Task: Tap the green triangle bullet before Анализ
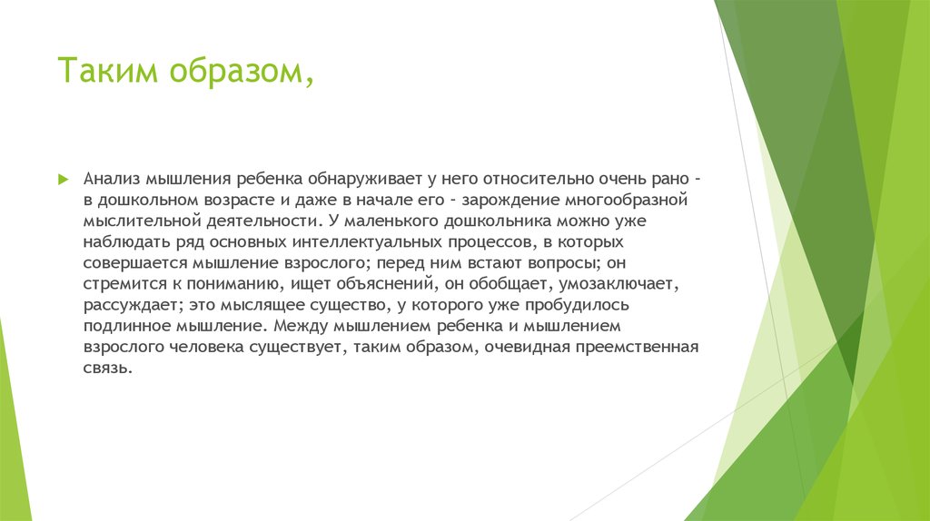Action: click(x=63, y=178)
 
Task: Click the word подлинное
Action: click(x=125, y=326)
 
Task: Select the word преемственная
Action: click(x=644, y=347)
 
